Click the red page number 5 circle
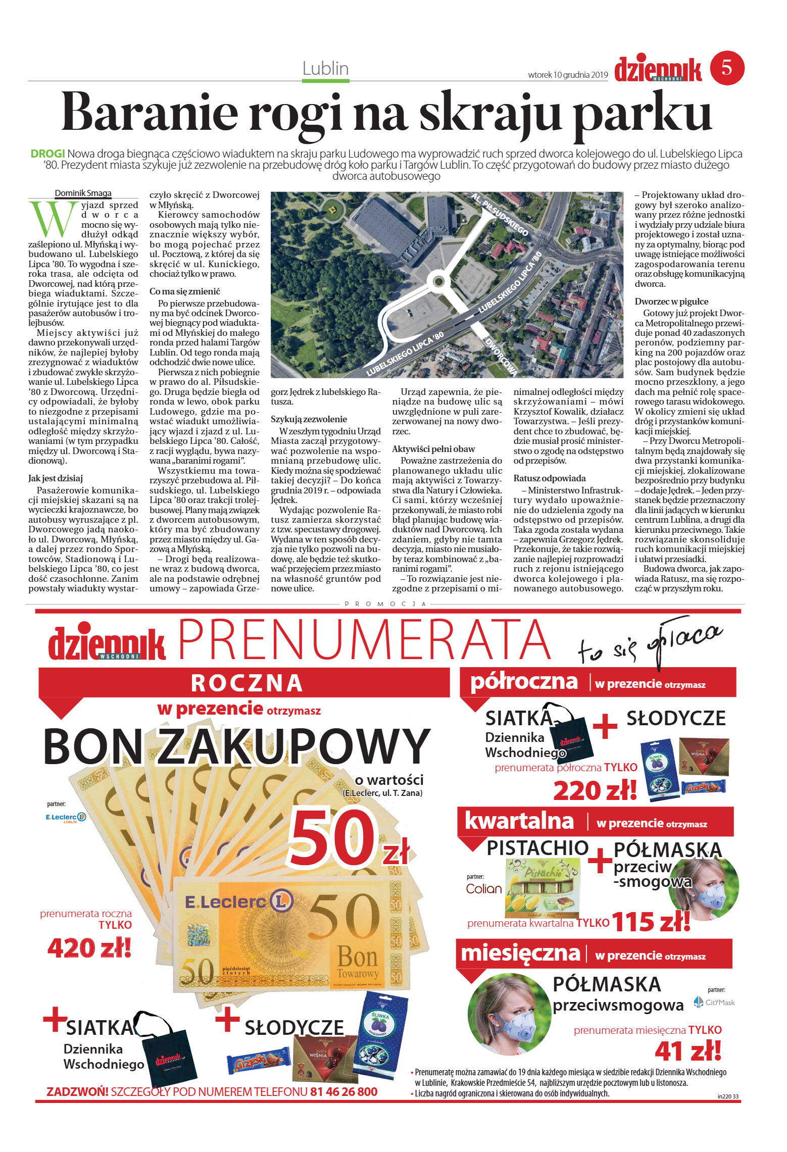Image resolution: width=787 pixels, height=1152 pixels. [727, 68]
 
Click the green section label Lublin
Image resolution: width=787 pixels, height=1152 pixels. [326, 69]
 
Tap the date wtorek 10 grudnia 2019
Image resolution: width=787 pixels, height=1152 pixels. [568, 75]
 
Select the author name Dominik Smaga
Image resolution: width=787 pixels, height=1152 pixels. [83, 193]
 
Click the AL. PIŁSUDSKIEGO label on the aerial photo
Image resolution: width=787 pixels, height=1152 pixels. [500, 214]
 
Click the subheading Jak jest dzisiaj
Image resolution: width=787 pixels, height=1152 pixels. [56, 478]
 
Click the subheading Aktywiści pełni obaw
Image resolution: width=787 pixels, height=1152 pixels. [433, 449]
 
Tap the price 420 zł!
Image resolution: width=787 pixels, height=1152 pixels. [89, 948]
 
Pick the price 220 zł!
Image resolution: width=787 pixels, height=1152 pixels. [595, 791]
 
